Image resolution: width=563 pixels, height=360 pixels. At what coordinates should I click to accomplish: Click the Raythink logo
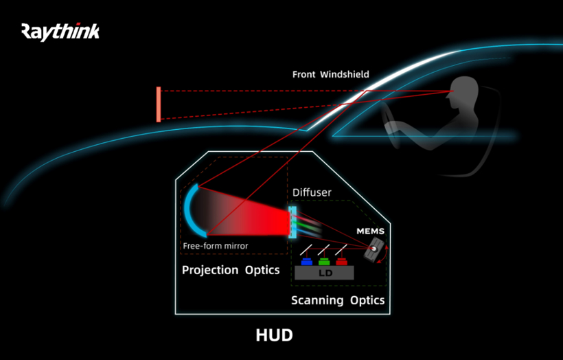(x=60, y=32)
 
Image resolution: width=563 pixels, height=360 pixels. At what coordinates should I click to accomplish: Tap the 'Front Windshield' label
(x=330, y=74)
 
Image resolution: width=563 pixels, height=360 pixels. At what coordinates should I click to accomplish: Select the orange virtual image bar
(x=159, y=104)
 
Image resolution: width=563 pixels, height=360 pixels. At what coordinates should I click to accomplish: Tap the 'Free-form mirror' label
(x=215, y=246)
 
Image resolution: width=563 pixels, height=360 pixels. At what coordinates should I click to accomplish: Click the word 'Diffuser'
(x=312, y=192)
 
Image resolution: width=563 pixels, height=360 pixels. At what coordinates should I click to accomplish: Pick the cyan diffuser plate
(x=293, y=221)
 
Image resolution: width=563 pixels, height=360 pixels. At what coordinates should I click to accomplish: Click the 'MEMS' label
(x=370, y=232)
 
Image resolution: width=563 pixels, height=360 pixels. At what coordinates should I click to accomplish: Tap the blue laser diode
(x=306, y=262)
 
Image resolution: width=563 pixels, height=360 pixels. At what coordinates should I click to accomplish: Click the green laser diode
(x=324, y=262)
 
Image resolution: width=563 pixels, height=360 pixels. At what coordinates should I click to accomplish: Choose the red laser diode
(x=341, y=262)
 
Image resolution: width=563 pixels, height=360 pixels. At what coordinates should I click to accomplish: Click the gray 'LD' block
(x=324, y=273)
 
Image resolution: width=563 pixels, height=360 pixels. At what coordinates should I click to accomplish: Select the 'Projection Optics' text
(x=231, y=270)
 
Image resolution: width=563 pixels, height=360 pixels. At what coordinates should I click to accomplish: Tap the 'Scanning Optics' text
(x=338, y=300)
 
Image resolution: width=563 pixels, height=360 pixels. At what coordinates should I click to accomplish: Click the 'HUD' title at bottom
(x=274, y=335)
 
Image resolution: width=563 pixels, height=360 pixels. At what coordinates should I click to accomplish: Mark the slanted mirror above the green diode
(x=324, y=249)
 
